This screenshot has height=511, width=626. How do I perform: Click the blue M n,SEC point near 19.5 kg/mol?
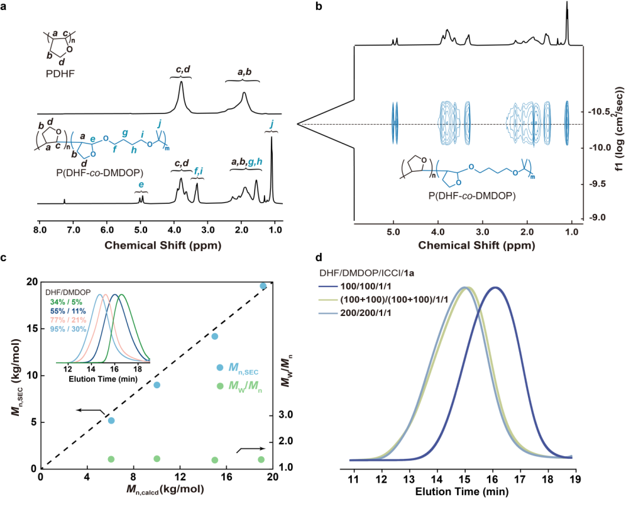click(263, 286)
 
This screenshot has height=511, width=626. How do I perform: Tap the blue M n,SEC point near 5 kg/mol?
click(111, 420)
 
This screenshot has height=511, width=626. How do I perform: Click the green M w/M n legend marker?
click(219, 386)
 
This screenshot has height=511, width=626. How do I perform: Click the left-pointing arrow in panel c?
click(90, 410)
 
